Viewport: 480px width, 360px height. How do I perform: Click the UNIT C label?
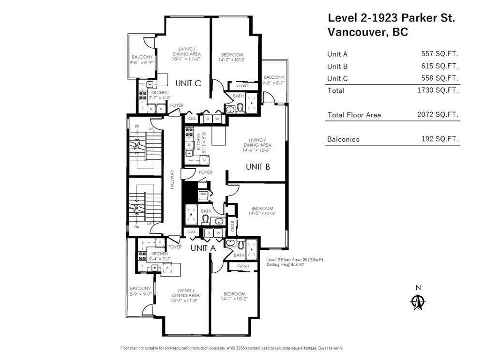click(188, 83)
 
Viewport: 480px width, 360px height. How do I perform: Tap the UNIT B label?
click(257, 166)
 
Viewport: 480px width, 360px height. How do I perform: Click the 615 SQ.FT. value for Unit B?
click(440, 66)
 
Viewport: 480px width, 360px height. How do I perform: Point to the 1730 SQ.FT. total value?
click(438, 90)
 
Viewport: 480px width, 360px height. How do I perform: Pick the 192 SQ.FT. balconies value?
click(440, 139)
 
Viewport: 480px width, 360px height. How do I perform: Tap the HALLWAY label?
click(172, 179)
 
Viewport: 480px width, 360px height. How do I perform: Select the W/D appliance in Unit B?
click(203, 194)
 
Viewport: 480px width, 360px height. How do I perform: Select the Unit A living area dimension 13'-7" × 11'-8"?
click(186, 300)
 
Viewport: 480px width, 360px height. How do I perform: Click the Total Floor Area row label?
click(354, 115)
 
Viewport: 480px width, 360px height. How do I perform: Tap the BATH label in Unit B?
click(206, 211)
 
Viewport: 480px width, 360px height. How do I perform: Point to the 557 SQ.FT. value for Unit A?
click(440, 54)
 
